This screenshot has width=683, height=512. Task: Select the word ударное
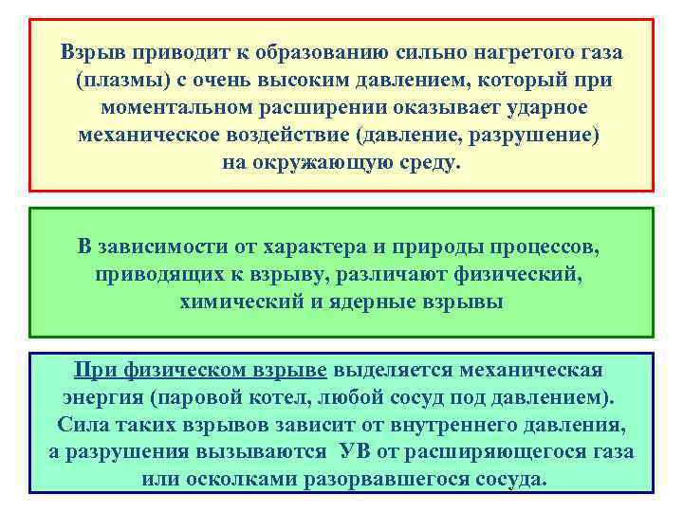(551, 107)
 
